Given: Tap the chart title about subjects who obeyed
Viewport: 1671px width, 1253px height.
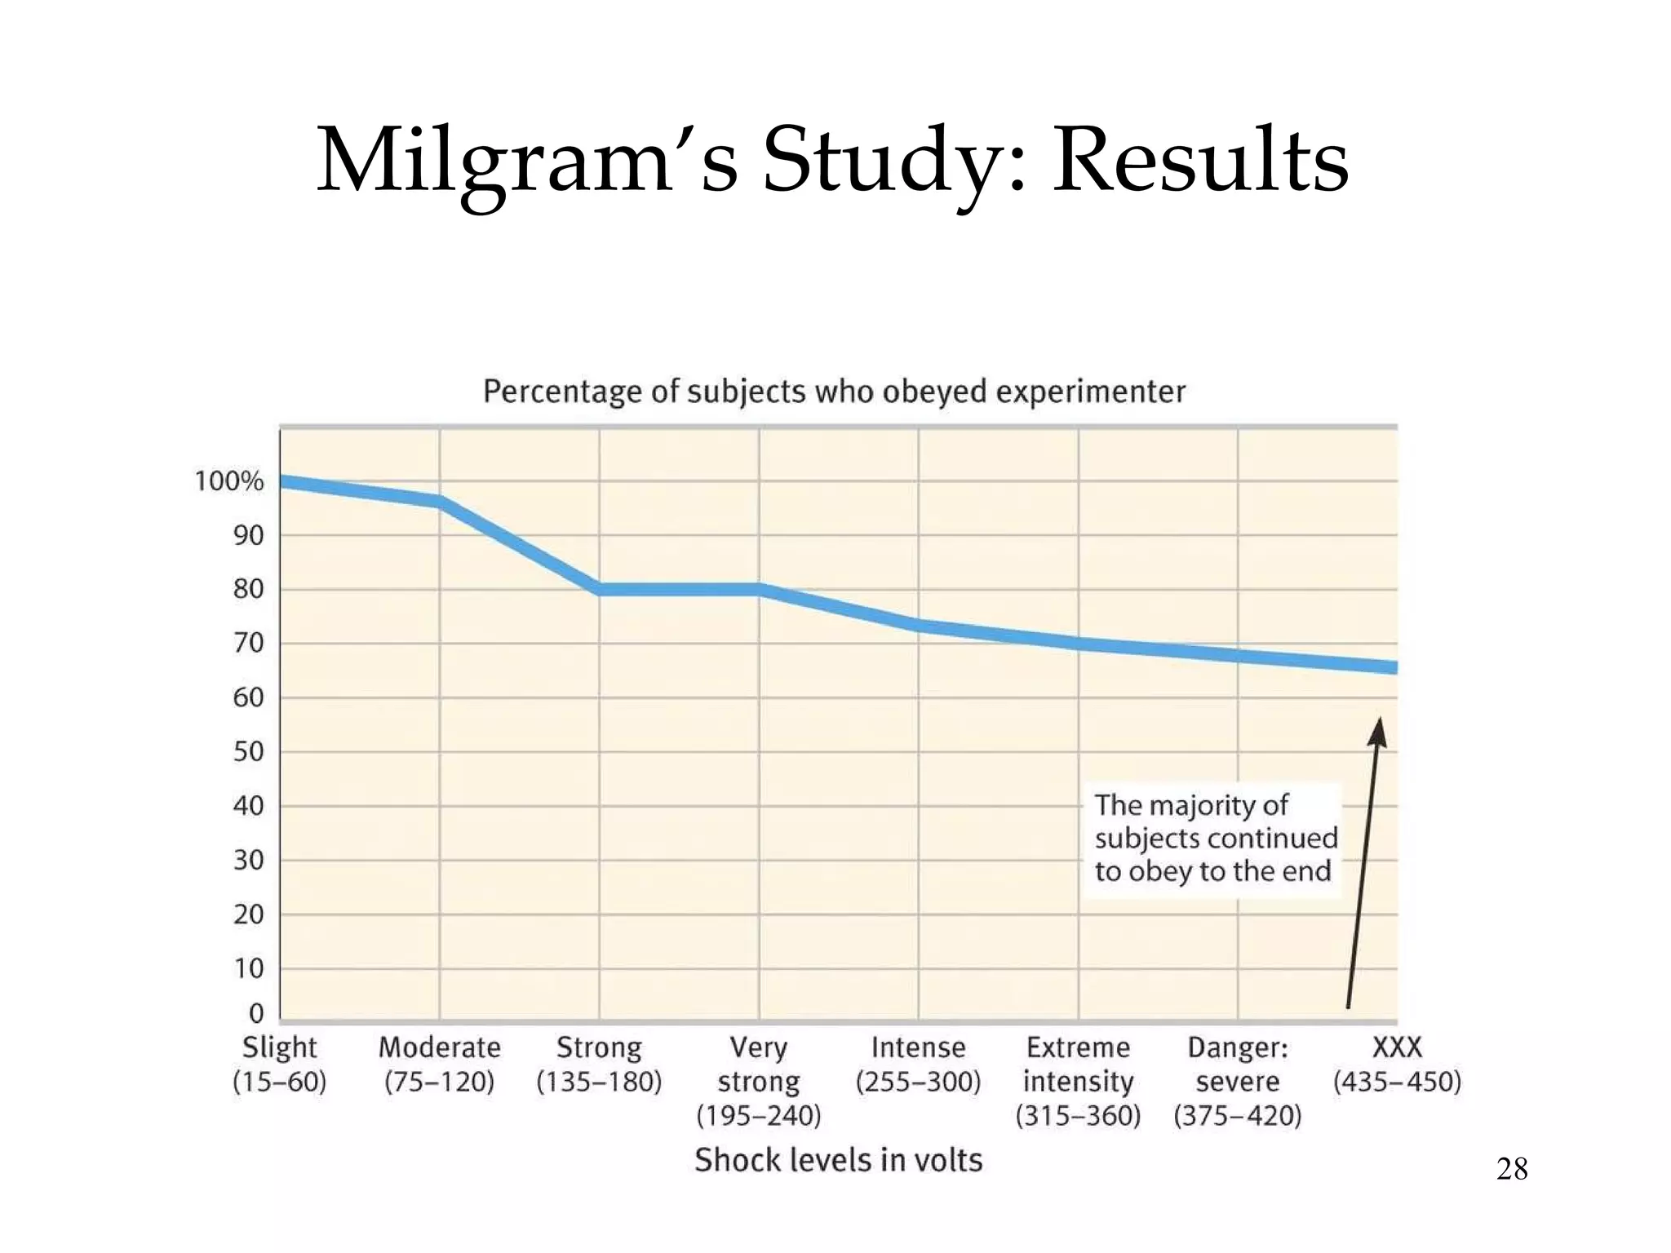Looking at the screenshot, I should click(x=834, y=392).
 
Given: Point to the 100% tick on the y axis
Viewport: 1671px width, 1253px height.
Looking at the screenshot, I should click(x=229, y=481).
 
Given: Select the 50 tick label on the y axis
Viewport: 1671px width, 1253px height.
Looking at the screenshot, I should click(x=248, y=751).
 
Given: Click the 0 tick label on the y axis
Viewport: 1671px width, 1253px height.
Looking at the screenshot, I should click(x=256, y=1013).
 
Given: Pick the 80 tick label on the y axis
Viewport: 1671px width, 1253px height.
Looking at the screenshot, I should click(x=248, y=589).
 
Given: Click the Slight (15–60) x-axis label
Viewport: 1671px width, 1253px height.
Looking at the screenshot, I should click(x=279, y=1064).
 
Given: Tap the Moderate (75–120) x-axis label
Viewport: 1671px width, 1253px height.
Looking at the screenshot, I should click(x=439, y=1064).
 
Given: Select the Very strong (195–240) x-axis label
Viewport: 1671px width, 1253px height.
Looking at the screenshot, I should click(x=758, y=1081).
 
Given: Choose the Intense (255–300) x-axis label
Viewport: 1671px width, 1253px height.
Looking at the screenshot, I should click(x=918, y=1064).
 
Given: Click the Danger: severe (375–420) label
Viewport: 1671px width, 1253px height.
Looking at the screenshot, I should click(x=1237, y=1081).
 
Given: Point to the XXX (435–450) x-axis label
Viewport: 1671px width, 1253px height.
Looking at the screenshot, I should click(x=1397, y=1064).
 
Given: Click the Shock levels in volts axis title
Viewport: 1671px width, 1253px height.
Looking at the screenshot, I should click(x=838, y=1159).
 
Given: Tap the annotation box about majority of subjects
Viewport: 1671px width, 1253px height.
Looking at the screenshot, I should click(x=1213, y=839).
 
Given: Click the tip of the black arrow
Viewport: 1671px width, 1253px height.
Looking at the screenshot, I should click(x=1379, y=719).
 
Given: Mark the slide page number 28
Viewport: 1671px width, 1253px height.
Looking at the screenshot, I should click(x=1511, y=1169).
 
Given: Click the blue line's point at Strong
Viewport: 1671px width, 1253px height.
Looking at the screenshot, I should click(x=600, y=589).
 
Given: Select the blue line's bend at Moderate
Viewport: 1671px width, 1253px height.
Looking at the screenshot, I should click(x=440, y=501).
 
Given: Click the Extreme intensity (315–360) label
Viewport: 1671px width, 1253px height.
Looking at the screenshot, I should click(x=1078, y=1081).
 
